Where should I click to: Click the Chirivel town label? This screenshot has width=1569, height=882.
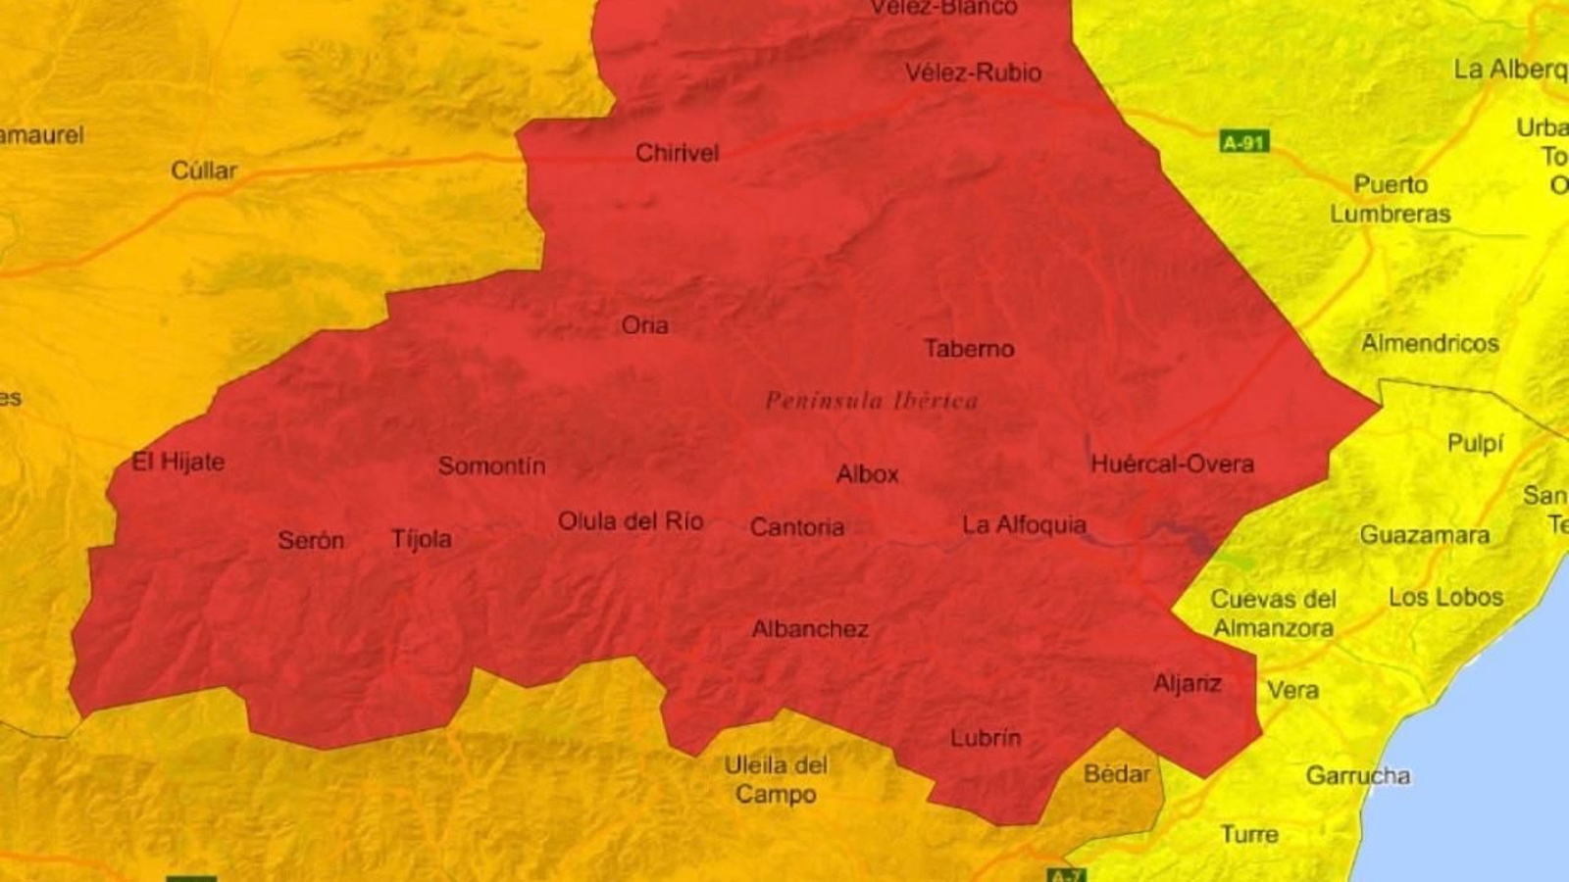pos(677,153)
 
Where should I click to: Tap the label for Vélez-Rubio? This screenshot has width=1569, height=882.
pos(973,73)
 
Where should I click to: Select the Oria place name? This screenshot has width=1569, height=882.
pos(644,325)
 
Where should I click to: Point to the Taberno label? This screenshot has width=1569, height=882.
pos(969,349)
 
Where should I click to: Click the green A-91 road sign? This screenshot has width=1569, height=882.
pos(1244,142)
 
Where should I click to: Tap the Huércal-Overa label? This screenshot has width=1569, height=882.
pos(1172,464)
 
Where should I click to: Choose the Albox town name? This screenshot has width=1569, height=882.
pos(867,474)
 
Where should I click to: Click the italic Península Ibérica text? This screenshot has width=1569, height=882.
pos(871,401)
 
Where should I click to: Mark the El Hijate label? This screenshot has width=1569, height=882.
pos(178,462)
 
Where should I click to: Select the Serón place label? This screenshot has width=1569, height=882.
pos(311,540)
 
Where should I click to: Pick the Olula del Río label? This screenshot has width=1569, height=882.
pos(631,521)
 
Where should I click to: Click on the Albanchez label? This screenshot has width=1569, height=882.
pos(810,629)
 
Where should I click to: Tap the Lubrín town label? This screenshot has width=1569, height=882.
pos(986,738)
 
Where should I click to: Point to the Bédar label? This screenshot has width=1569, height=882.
pos(1117,774)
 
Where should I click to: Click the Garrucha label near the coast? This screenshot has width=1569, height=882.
pos(1358,776)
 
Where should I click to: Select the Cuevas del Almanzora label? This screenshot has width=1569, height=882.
pos(1273,613)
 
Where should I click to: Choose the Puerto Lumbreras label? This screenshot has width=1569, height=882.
pos(1390,199)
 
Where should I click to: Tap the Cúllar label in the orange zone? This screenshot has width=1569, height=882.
pos(204,171)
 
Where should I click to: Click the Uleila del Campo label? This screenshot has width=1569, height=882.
pos(776,780)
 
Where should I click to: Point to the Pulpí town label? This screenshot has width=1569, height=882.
pos(1475,444)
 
